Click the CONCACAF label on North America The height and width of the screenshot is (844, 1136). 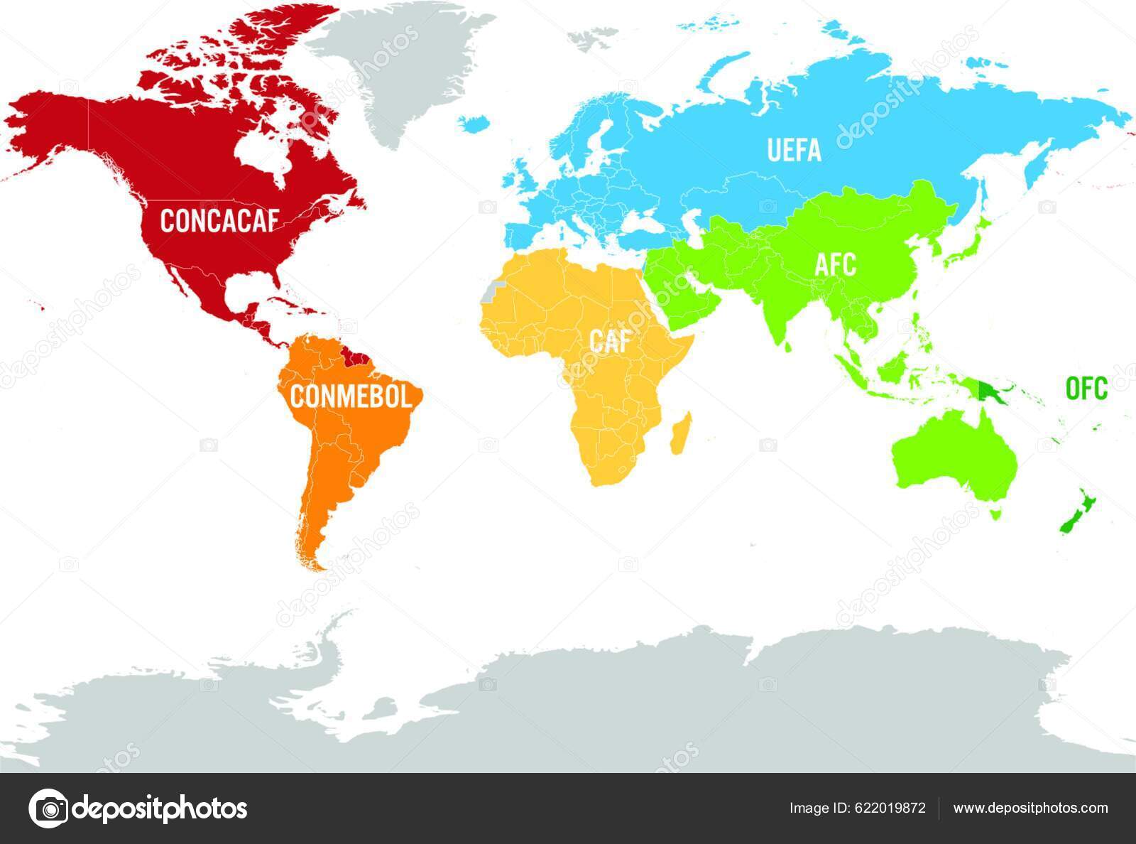pyautogui.click(x=218, y=221)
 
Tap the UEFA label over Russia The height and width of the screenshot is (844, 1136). pyautogui.click(x=794, y=151)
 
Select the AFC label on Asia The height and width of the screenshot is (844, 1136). pyautogui.click(x=835, y=266)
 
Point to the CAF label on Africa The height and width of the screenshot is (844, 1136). pyautogui.click(x=609, y=342)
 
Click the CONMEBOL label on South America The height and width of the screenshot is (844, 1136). pyautogui.click(x=351, y=396)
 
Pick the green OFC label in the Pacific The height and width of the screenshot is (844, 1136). pyautogui.click(x=1086, y=389)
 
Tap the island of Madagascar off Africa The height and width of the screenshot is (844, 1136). pyautogui.click(x=680, y=433)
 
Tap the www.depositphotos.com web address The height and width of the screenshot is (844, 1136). pyautogui.click(x=1030, y=808)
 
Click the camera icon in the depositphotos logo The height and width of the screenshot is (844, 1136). pyautogui.click(x=48, y=808)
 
